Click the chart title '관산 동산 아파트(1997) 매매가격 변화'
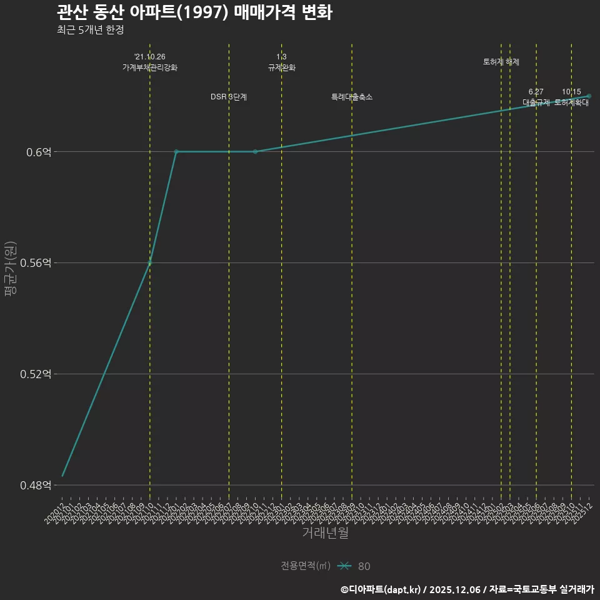tap(194, 12)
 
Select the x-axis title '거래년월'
tap(325, 533)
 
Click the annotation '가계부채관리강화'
tap(150, 67)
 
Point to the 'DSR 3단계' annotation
tap(229, 97)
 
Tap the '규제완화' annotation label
tap(281, 67)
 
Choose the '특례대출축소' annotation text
tap(352, 97)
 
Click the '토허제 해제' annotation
tap(501, 62)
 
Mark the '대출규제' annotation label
tap(536, 102)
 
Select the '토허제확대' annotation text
tap(571, 102)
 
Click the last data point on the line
tap(589, 96)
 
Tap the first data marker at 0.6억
tap(176, 151)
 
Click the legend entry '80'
tap(364, 566)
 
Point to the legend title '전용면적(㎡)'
tap(306, 566)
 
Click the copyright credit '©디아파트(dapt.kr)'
tap(381, 589)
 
